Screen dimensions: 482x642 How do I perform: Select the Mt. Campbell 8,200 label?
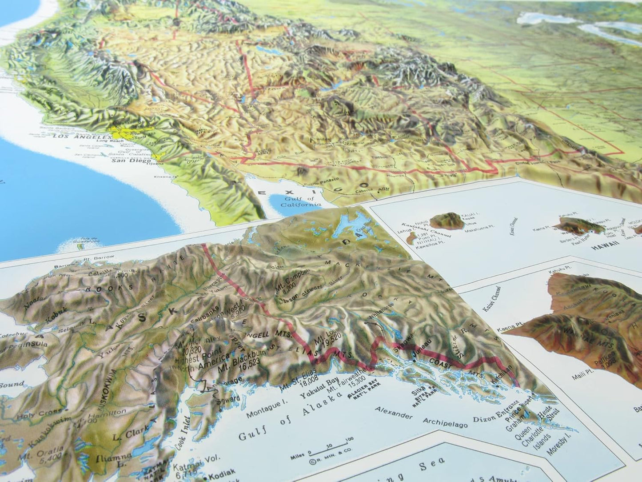point(293,279)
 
